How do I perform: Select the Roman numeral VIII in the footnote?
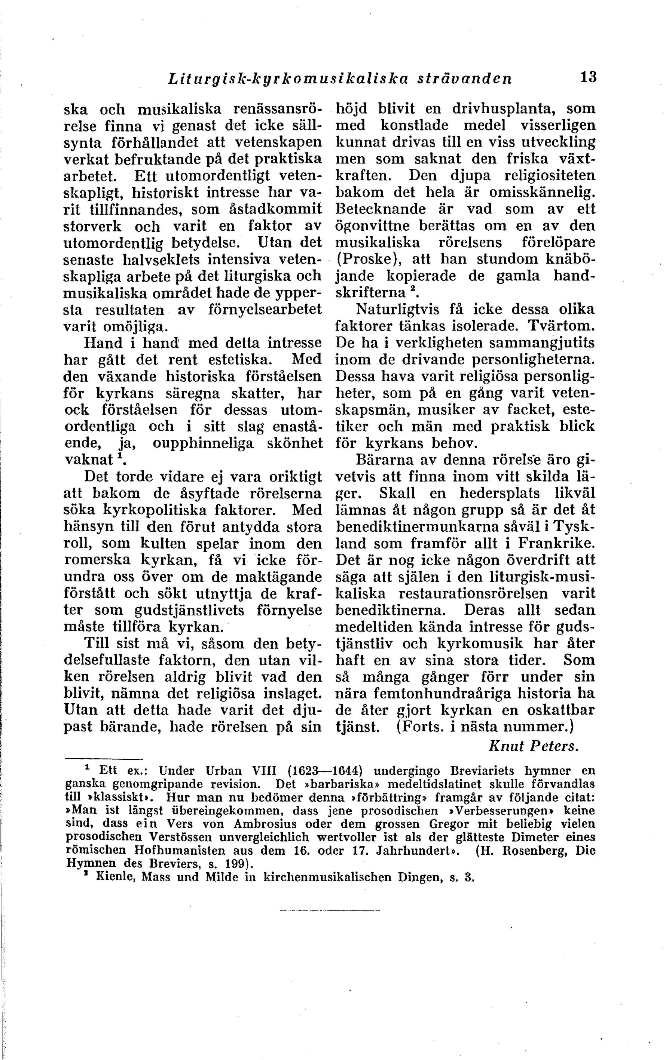264,771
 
